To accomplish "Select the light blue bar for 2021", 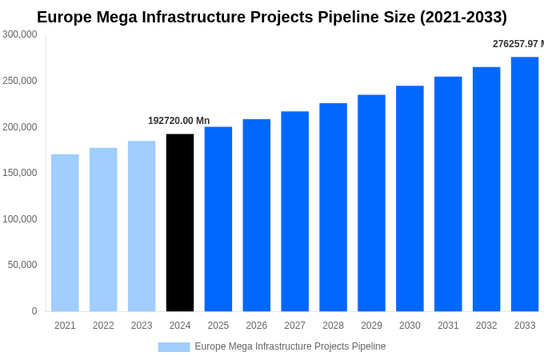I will (65, 233).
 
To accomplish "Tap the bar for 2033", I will (525, 184).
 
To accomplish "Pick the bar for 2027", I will (294, 211).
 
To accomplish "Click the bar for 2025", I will (218, 219).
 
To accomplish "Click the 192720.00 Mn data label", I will (178, 121).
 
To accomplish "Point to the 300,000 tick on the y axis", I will (20, 34).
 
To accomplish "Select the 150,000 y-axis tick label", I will (20, 173).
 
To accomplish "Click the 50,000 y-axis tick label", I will (22, 265).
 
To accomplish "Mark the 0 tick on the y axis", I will (34, 311).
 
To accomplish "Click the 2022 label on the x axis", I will (103, 326).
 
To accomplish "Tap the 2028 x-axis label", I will (333, 326).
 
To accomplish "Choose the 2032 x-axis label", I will (486, 326).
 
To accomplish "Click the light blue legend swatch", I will (174, 347).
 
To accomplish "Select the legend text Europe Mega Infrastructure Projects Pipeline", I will (290, 346).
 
